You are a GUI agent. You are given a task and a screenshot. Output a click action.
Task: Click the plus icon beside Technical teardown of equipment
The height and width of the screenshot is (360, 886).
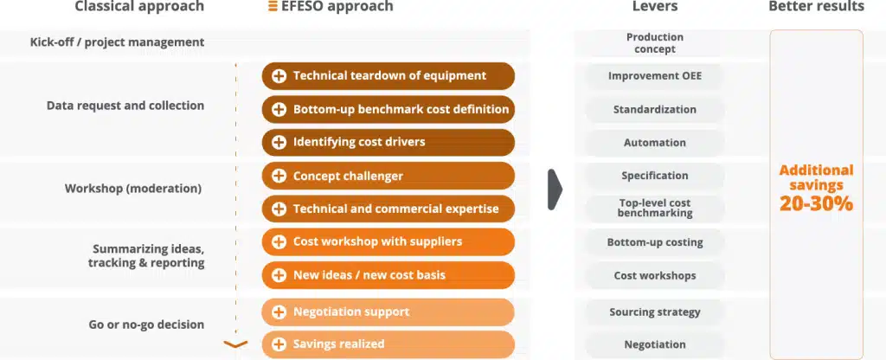(279, 76)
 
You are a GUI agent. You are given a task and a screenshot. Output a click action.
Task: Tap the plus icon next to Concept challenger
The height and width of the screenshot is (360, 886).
(279, 177)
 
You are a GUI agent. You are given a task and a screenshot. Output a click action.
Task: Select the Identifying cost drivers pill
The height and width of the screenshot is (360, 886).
(388, 143)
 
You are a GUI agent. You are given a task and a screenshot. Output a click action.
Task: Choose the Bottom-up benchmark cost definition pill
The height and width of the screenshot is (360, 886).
(388, 110)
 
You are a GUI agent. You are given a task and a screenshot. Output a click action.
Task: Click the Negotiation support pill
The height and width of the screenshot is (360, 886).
(388, 312)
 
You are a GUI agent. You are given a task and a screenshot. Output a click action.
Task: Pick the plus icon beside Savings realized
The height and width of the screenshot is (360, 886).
(279, 344)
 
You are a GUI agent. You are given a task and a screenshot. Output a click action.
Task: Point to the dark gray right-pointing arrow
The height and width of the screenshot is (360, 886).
(555, 190)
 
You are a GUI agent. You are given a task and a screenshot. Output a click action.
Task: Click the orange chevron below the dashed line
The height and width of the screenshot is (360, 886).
(235, 344)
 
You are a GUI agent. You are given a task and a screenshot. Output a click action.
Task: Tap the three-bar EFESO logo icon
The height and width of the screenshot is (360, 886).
(273, 7)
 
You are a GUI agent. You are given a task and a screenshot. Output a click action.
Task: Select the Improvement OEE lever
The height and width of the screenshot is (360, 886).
(655, 76)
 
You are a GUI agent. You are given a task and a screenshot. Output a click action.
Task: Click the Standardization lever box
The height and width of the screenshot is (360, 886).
(655, 110)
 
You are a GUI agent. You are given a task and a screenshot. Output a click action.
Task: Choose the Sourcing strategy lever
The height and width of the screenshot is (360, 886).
(655, 312)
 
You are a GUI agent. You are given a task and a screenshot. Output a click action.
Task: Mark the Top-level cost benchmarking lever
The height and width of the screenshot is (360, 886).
(655, 208)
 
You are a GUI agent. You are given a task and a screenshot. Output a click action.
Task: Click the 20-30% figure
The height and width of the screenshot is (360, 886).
(816, 203)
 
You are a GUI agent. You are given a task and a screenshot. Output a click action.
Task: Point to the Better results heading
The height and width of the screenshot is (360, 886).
(816, 7)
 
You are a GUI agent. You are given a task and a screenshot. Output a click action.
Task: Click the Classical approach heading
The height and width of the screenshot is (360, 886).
(139, 7)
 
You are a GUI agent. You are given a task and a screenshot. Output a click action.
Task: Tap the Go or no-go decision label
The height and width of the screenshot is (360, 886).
(146, 325)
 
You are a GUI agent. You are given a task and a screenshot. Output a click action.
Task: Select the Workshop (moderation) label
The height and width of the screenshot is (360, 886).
(133, 189)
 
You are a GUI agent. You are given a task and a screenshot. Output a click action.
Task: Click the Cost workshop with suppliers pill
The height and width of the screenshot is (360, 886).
(388, 242)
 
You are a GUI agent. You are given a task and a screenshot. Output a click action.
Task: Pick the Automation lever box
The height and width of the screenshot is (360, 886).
(655, 143)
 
